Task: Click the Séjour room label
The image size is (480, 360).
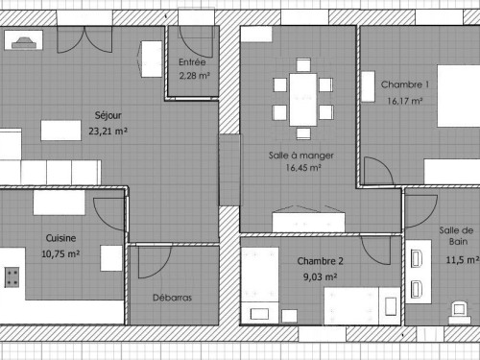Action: (x=108, y=115)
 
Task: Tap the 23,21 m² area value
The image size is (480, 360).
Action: (x=108, y=132)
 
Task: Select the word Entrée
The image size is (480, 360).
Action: (x=192, y=61)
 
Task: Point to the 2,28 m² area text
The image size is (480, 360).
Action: (x=194, y=76)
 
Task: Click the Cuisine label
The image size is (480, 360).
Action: (x=60, y=238)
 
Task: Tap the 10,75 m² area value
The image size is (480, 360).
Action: (x=60, y=253)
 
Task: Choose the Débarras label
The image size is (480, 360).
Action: (x=172, y=298)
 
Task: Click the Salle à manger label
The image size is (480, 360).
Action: (x=301, y=156)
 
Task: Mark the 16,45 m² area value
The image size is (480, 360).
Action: (x=303, y=168)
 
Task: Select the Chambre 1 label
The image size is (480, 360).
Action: (x=405, y=84)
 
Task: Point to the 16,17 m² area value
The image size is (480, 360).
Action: (x=405, y=101)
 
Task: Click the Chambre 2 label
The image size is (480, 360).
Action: (x=321, y=261)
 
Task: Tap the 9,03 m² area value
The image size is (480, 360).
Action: (x=321, y=276)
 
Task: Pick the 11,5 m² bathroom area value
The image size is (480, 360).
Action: (x=463, y=260)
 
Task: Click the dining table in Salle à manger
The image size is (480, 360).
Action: (x=303, y=100)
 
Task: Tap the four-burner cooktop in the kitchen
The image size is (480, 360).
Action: (x=12, y=277)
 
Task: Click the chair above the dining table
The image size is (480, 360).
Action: (x=303, y=65)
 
